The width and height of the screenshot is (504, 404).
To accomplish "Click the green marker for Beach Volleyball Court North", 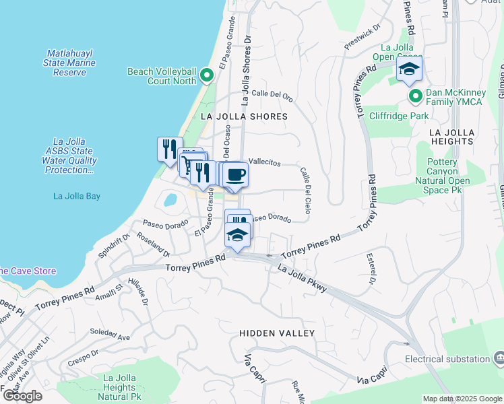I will [x=207, y=76].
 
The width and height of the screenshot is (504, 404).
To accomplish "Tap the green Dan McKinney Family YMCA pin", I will [x=416, y=96].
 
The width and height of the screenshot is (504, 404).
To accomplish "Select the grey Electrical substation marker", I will [x=499, y=357].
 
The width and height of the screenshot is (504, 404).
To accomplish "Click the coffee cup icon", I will [x=235, y=176].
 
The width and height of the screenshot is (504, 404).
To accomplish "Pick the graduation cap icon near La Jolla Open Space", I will [x=409, y=69].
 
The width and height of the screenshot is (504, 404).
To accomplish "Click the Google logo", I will [x=22, y=396].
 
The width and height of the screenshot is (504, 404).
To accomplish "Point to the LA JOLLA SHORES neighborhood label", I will [x=244, y=116].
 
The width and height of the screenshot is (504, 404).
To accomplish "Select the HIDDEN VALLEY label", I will [x=277, y=333].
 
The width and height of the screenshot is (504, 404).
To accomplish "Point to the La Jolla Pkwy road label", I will [x=303, y=277].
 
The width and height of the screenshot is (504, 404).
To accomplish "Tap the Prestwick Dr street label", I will [x=363, y=41].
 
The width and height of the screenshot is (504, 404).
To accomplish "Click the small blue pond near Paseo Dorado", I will [x=170, y=200].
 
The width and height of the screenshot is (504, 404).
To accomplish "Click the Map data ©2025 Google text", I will [x=462, y=399].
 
